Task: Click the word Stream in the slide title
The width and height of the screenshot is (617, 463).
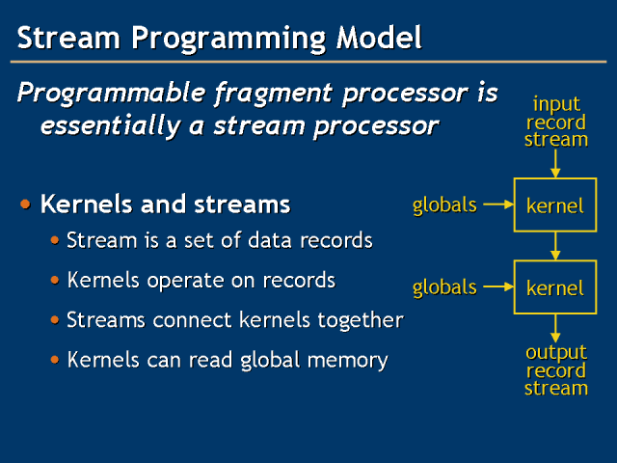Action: [65, 39]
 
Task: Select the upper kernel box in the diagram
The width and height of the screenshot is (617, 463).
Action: [555, 204]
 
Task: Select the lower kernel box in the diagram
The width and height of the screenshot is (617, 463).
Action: [555, 286]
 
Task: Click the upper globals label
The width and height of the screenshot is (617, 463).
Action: [444, 204]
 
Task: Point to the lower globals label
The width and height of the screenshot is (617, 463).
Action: [444, 286]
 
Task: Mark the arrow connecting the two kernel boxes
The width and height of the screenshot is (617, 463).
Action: [555, 246]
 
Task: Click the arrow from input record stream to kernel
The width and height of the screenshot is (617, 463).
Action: [555, 164]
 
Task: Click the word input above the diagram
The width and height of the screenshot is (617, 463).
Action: [555, 103]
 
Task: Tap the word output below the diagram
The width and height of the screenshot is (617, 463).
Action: [556, 353]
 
